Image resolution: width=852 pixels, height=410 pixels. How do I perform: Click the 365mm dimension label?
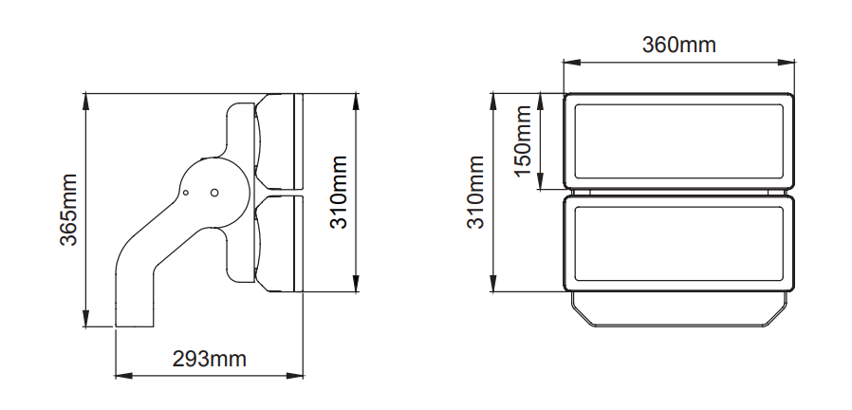coord(68,210)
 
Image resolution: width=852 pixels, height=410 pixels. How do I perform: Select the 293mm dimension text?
coord(209,359)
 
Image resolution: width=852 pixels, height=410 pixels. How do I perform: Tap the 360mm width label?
coord(678,45)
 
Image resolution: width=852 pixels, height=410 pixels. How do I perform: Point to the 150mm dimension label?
coord(523,140)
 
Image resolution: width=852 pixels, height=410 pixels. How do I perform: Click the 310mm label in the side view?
coord(340,193)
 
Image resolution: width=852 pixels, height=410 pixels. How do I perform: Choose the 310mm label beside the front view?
coord(476,193)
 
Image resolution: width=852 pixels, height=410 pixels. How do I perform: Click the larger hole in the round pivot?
coord(214,193)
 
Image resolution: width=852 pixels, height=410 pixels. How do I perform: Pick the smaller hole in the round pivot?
coord(185,193)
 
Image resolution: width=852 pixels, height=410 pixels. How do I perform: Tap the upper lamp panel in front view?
coord(678,141)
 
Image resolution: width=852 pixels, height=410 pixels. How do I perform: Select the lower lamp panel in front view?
coord(678,243)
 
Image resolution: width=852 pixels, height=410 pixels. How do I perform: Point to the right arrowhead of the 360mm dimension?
coord(787,63)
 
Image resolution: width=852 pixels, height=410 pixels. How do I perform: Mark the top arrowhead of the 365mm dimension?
coord(85,102)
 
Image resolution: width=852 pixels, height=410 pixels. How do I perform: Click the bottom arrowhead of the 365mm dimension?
coord(85,318)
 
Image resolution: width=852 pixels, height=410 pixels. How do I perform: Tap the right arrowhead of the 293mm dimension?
coord(294,375)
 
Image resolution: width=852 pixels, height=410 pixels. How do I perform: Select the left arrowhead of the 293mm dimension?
coord(124,375)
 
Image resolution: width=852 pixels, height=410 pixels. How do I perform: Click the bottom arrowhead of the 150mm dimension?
coord(541,181)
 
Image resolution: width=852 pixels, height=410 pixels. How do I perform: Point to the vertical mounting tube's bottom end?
coord(135,326)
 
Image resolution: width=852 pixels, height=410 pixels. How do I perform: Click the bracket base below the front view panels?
coord(678,309)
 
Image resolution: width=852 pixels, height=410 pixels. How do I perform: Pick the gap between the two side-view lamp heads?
coord(279,193)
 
